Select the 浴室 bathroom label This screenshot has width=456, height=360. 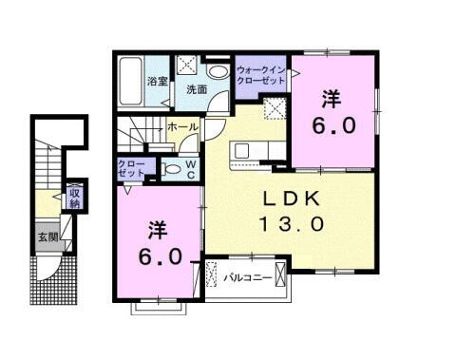point(157,82)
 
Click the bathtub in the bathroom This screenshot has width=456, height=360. point(131,84)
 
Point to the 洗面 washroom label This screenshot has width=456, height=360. point(197,90)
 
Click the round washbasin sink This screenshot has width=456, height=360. point(218,71)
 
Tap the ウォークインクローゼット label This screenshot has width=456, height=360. point(260,75)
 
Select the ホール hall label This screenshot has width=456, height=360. point(182,126)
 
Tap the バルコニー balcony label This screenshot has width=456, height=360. point(249,277)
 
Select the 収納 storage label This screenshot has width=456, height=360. point(74,197)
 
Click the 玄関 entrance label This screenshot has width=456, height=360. point(47,235)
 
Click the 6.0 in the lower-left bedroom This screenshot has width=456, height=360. point(157,256)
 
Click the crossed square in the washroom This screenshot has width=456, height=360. point(188,66)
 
